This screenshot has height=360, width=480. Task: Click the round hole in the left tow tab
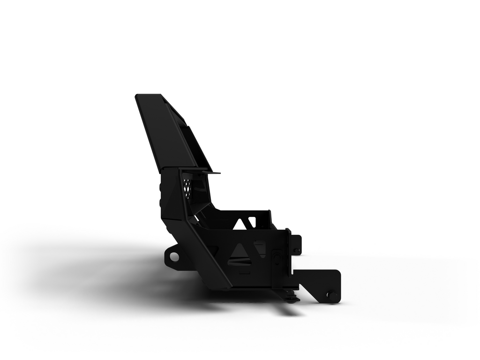pos(174,256)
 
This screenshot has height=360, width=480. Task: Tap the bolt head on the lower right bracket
pos(332,296)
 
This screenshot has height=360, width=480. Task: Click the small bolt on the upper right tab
pos(296,250)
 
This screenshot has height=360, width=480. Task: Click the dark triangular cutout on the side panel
pos(240,252)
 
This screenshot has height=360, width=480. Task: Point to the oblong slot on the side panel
pos(277,258)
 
